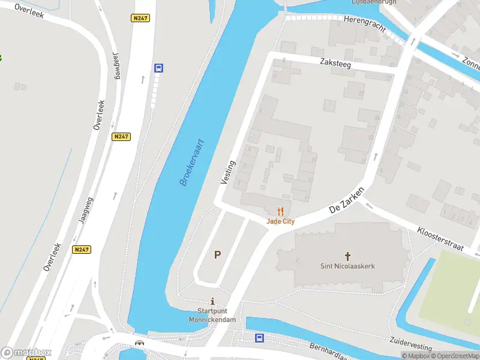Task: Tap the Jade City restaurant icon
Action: tap(280, 211)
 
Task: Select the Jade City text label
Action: tap(281, 221)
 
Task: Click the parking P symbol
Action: tap(217, 254)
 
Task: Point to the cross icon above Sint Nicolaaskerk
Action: tap(347, 256)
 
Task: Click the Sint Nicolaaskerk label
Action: tap(347, 266)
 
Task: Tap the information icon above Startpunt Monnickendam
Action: tap(212, 301)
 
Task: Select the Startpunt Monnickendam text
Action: tap(217, 316)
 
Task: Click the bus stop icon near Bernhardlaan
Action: tap(259, 338)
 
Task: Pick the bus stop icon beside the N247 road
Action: tap(158, 68)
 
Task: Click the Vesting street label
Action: tap(228, 172)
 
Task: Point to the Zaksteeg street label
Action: tap(335, 62)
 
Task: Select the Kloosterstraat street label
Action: tap(442, 236)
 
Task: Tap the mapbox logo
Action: tap(26, 353)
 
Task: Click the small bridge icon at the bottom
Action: tap(140, 343)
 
